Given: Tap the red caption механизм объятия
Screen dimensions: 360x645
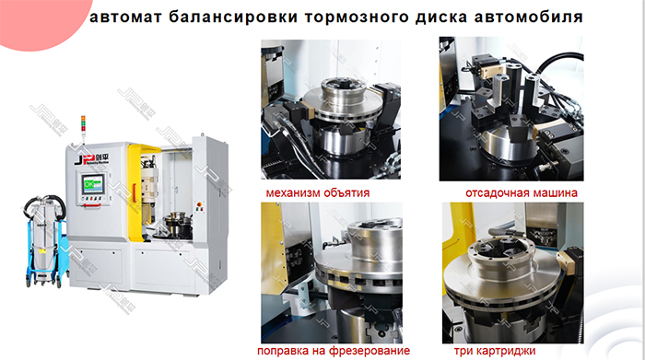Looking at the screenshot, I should pyautogui.click(x=317, y=193).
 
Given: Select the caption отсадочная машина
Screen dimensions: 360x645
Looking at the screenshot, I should pyautogui.click(x=522, y=193).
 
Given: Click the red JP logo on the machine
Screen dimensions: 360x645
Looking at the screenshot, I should pyautogui.click(x=81, y=161).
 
